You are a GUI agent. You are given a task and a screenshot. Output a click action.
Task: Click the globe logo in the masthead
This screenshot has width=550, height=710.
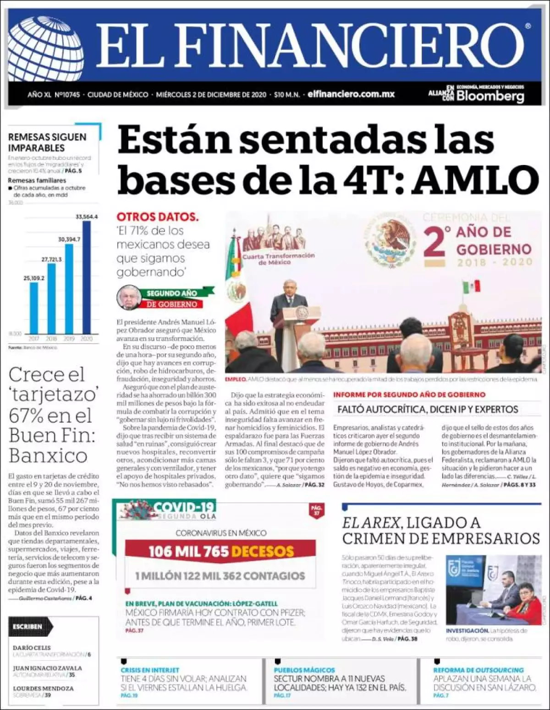click(x=46, y=46)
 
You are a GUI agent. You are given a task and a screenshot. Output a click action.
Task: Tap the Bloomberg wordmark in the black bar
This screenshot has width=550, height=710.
click(x=490, y=96)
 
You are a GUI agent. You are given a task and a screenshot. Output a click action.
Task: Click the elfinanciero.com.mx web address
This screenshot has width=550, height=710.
click(x=351, y=94)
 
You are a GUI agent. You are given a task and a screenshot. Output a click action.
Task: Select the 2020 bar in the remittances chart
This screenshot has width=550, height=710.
click(x=87, y=277)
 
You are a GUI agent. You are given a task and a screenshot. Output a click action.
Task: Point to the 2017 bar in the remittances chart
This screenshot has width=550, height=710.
click(x=34, y=307)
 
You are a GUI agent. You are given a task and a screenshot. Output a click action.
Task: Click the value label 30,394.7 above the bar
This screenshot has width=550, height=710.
click(x=69, y=239)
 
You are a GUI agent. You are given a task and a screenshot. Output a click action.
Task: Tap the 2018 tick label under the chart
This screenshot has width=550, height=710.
click(x=51, y=339)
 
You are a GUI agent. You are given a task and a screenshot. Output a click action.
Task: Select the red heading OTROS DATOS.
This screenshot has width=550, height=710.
click(x=158, y=217)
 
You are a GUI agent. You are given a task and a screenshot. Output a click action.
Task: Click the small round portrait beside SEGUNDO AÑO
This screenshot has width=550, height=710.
click(x=129, y=297)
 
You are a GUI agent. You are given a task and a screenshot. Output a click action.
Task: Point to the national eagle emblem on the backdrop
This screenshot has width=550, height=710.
click(x=391, y=243)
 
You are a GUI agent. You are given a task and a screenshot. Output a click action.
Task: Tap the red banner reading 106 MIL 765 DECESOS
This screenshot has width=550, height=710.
click(x=220, y=551)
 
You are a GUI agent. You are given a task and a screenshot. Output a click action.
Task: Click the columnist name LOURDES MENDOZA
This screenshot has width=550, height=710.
click(x=43, y=688)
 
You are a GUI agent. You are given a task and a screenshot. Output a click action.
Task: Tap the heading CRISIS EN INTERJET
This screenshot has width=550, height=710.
click(x=150, y=670)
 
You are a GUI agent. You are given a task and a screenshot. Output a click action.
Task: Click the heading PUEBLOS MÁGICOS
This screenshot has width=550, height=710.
click(x=304, y=670)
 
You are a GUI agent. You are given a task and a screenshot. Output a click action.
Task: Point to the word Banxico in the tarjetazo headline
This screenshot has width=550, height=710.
click(x=48, y=455)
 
